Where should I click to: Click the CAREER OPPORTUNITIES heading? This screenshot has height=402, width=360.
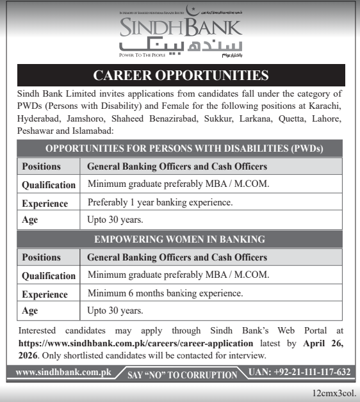click(180, 76)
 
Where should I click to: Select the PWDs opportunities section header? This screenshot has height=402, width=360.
click(180, 149)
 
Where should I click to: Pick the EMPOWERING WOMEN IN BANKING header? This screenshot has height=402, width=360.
click(180, 239)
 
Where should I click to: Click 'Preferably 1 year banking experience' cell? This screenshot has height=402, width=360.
click(160, 203)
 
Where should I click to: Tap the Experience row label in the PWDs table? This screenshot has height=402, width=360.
click(45, 204)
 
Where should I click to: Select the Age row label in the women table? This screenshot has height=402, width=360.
click(30, 311)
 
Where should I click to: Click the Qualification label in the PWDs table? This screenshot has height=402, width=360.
click(49, 185)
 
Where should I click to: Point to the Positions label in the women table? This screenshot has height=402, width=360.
click(42, 257)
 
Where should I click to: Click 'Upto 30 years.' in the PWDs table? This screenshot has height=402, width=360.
click(115, 220)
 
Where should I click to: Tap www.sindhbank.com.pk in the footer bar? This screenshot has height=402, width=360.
click(63, 372)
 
